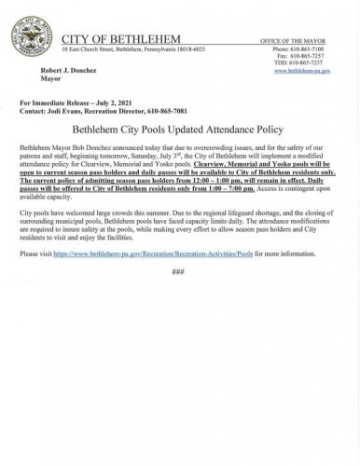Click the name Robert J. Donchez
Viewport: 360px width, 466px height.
pos(67,70)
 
